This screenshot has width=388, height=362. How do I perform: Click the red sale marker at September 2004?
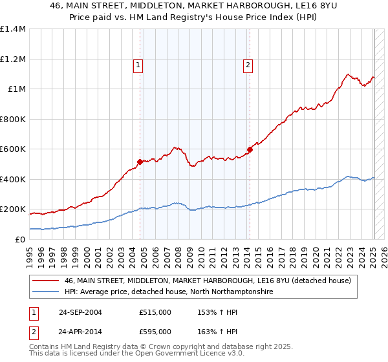(140, 162)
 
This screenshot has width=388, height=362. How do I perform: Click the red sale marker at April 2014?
(250, 150)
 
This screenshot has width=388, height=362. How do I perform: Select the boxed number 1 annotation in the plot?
(138, 65)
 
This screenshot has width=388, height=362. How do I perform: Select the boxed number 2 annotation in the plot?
(248, 65)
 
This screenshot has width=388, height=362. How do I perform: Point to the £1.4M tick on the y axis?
(13, 29)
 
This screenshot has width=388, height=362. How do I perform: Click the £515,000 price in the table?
(155, 312)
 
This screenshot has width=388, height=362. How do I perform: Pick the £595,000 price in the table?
(155, 332)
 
